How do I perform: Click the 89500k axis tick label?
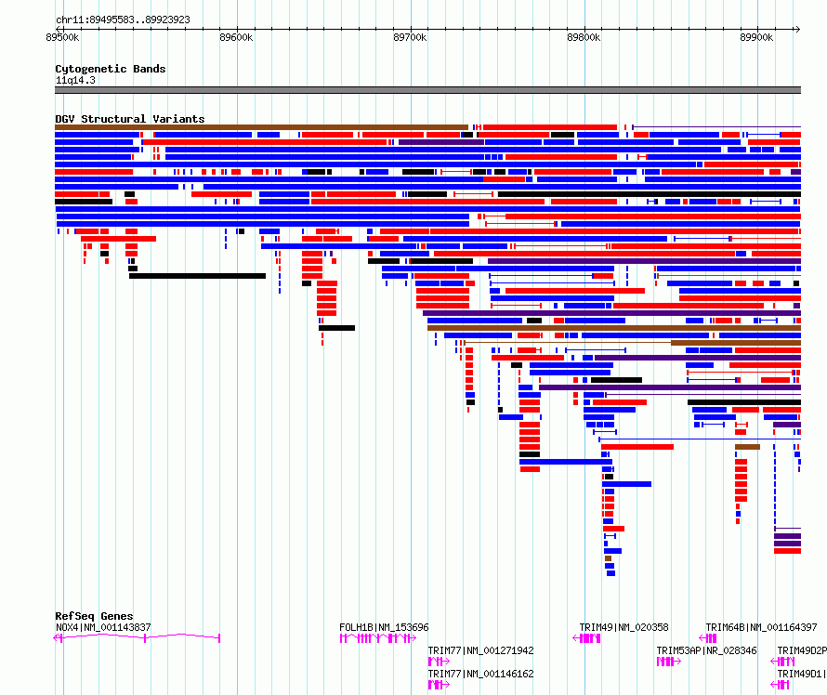[62, 37]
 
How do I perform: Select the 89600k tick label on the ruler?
[236, 37]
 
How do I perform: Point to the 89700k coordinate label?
[410, 37]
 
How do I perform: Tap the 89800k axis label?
[584, 37]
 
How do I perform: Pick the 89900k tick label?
[756, 37]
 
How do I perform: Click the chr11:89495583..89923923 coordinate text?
[123, 20]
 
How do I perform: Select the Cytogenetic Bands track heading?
[111, 69]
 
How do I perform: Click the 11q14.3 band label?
[75, 80]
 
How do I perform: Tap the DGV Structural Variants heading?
[130, 119]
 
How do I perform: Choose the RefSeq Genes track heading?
[94, 616]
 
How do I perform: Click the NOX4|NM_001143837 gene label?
[103, 627]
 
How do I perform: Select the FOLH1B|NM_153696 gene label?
[384, 627]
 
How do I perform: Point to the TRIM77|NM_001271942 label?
[480, 650]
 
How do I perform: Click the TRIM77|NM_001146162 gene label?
[480, 674]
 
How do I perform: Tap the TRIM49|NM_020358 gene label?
[624, 627]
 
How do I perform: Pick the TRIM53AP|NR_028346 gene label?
[706, 650]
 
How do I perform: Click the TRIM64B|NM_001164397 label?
[761, 627]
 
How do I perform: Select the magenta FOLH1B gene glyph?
[377, 638]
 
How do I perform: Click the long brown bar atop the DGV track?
[262, 127]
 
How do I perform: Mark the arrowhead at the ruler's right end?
[798, 29]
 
